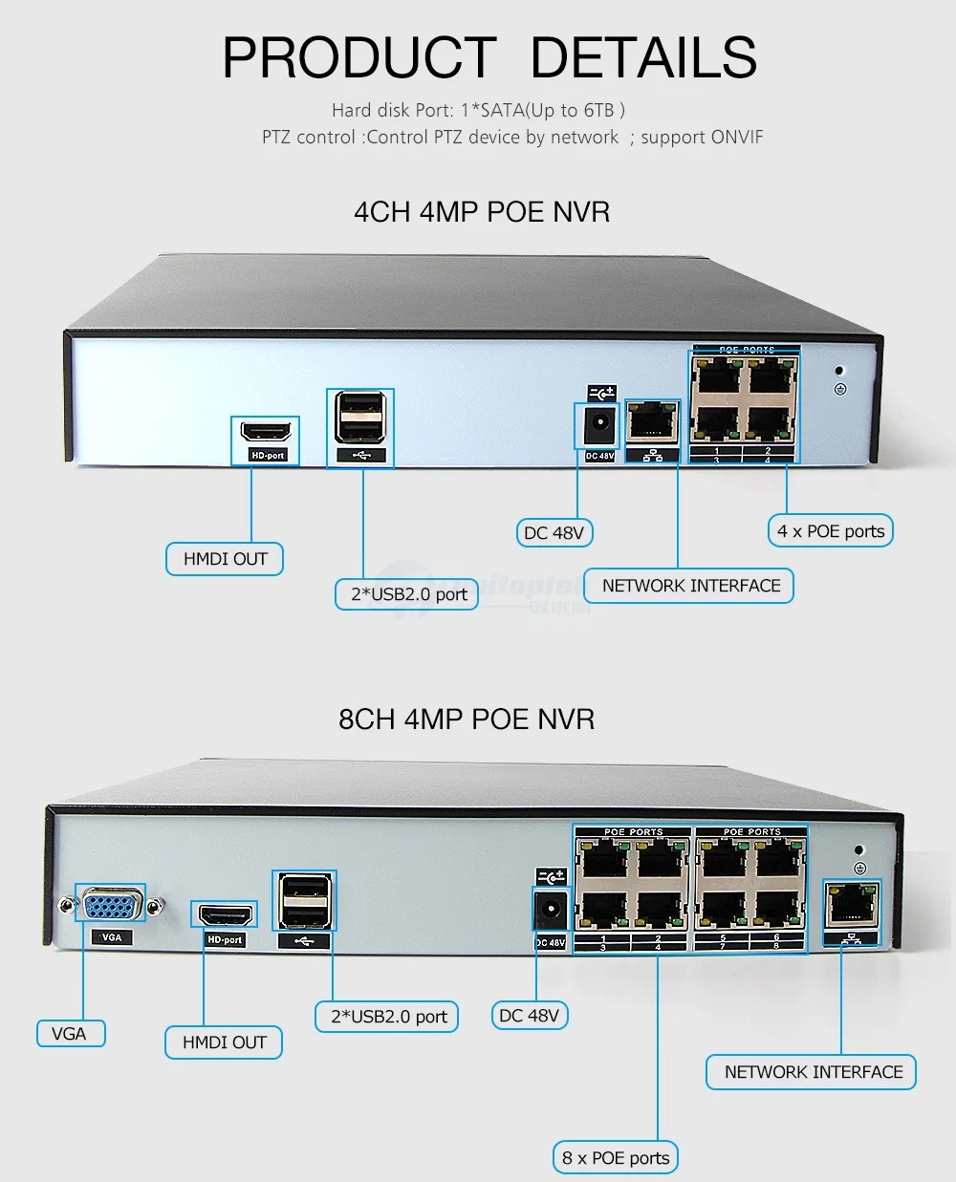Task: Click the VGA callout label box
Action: point(69,1033)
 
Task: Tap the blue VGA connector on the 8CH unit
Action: point(111,904)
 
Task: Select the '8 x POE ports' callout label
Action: point(616,1157)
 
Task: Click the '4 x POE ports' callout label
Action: point(830,531)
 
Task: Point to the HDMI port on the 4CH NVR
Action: point(265,433)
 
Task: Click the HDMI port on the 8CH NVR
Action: point(225,915)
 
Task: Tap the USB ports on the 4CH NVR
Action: point(360,419)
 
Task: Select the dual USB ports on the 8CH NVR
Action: point(304,902)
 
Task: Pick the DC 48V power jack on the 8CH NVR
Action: point(550,911)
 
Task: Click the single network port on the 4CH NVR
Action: point(652,423)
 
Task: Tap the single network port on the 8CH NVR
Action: point(851,905)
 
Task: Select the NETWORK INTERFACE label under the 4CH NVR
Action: point(690,586)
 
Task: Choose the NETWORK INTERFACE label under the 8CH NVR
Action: point(813,1072)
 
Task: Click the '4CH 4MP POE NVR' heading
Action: point(481,211)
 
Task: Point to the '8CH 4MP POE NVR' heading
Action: point(466,719)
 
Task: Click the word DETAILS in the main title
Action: point(642,57)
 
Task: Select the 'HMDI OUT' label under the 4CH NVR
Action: point(225,559)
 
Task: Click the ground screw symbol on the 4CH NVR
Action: point(839,389)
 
